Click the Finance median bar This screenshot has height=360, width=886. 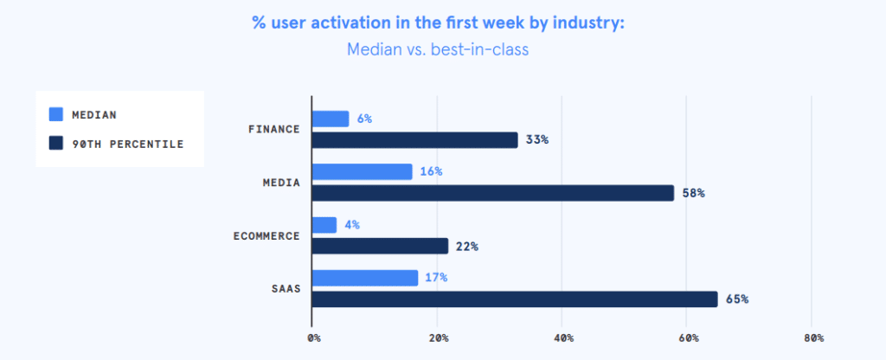tap(331, 119)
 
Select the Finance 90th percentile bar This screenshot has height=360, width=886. tap(414, 140)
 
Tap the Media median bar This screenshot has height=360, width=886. tap(362, 172)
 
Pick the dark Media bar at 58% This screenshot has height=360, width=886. tap(492, 193)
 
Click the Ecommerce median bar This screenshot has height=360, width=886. tap(324, 225)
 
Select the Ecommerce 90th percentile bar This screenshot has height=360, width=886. tap(380, 246)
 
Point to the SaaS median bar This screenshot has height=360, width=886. tap(365, 278)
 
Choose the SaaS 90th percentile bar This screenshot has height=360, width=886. tap(515, 299)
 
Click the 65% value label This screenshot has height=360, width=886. tap(737, 299)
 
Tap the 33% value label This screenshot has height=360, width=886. tap(537, 140)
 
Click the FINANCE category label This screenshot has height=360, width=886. tap(273, 130)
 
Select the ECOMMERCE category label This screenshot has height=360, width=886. tap(266, 235)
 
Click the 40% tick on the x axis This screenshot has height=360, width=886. tap(563, 337)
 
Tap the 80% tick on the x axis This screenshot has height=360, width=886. tap(813, 337)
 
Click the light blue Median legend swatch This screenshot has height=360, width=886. tap(57, 114)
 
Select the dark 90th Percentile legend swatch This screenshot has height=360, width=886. tap(57, 144)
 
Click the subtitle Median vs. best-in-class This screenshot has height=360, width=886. tap(437, 49)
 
